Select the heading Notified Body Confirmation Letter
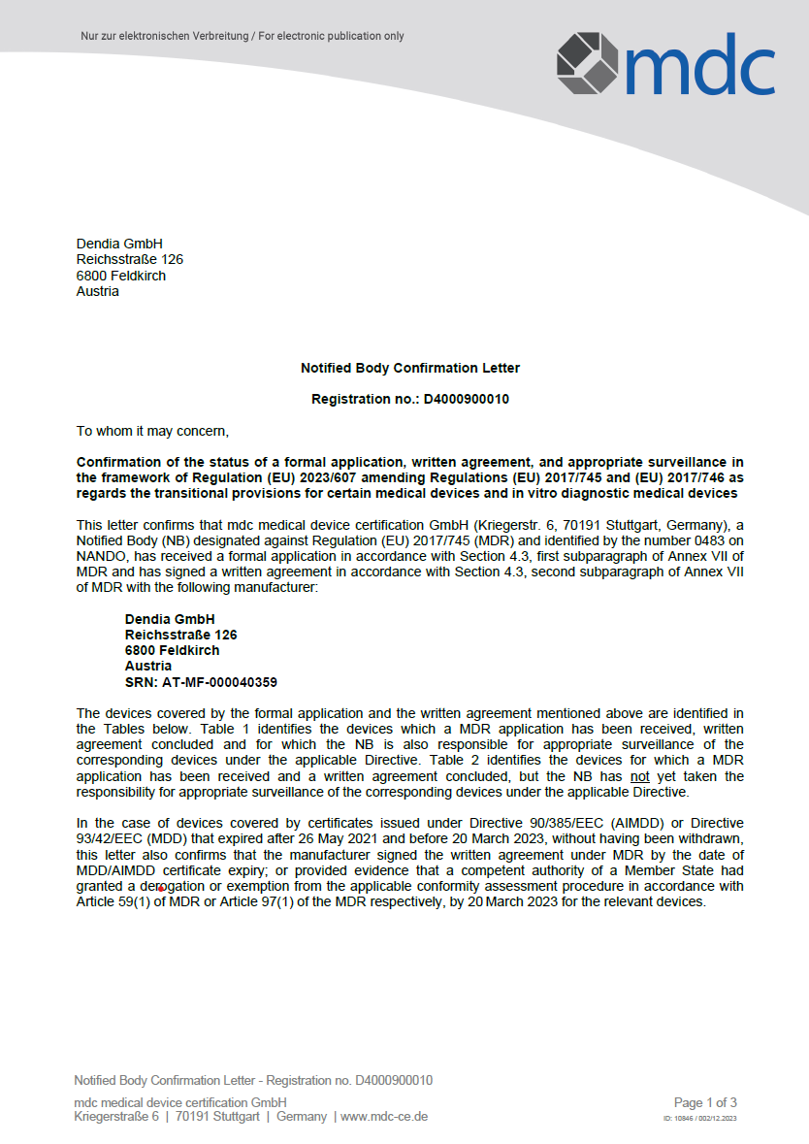tap(409, 368)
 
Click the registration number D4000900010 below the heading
tap(466, 399)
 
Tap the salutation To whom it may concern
tap(152, 430)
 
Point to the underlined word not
tap(639, 776)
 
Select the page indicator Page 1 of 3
tap(705, 1102)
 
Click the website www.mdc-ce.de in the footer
tap(384, 1117)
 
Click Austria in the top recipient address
tap(98, 291)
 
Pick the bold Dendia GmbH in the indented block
tap(170, 619)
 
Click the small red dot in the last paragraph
tap(160, 889)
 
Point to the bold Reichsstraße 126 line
tap(180, 635)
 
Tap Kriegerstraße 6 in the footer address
tap(116, 1117)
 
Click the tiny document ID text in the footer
tap(699, 1119)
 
